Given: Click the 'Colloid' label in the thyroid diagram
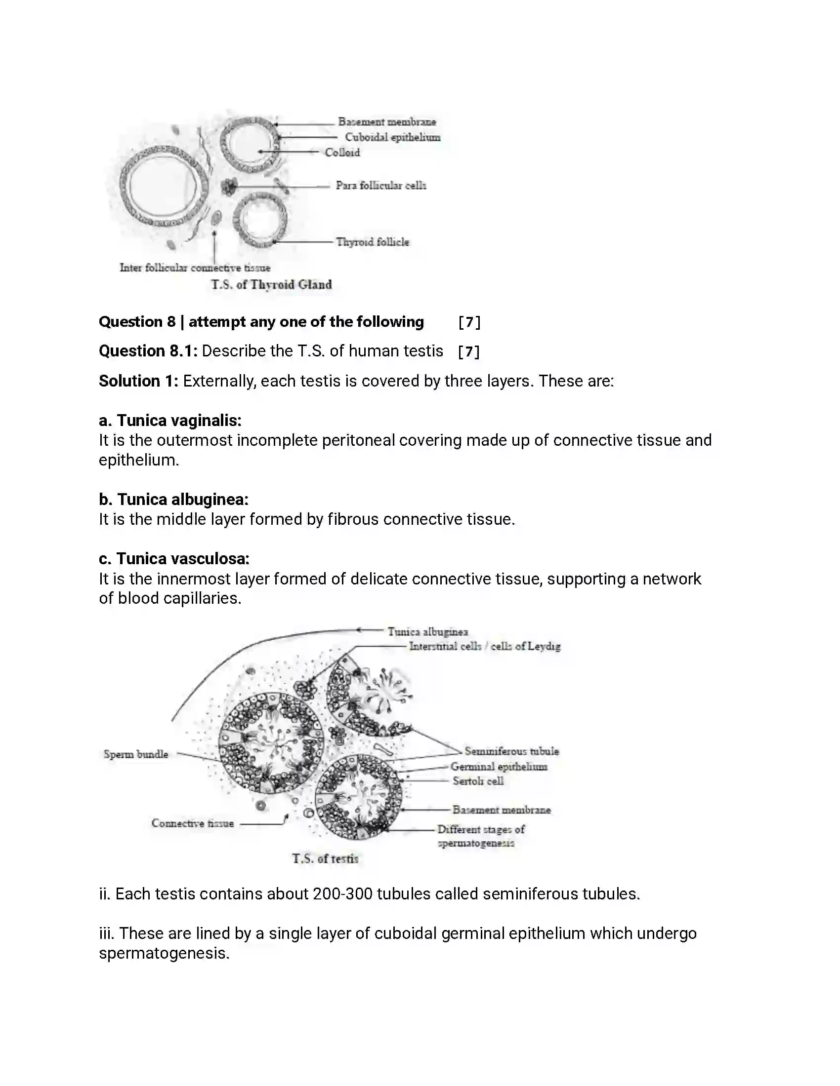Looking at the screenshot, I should [342, 153].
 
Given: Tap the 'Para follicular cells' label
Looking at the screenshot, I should [380, 186].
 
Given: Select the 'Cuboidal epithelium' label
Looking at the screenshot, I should [392, 137].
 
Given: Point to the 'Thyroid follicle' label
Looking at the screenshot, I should [372, 242].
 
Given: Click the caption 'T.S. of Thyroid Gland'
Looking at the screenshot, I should [271, 284].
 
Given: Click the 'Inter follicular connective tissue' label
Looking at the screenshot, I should [195, 268].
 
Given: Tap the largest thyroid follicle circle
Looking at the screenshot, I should [163, 186].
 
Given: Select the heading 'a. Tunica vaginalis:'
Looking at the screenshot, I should [169, 421].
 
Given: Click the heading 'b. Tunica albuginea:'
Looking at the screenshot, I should [173, 499].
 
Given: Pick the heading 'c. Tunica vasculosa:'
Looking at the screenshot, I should [173, 559].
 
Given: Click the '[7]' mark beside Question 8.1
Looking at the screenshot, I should [468, 352].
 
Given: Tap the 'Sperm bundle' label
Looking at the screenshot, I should [135, 754].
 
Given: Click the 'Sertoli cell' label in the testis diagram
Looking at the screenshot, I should [478, 781].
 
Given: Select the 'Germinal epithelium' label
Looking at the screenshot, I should [499, 767].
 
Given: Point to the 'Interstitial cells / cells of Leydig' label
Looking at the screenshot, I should [484, 647].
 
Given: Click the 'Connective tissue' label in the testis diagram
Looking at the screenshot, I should [192, 823].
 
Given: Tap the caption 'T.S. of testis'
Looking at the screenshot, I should [325, 859].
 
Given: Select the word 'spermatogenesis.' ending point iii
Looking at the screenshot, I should [164, 953].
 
